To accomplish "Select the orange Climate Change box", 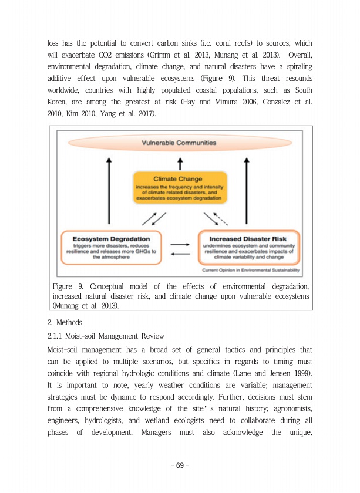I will point(179,187).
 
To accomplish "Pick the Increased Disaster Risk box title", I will point(249,239).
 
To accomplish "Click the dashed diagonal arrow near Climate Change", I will point(220,218).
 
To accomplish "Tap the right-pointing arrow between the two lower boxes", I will point(180,244).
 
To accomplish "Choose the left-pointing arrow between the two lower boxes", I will point(180,254).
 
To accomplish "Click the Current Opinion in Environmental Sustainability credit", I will point(251,271).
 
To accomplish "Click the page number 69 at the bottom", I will point(180,465).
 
